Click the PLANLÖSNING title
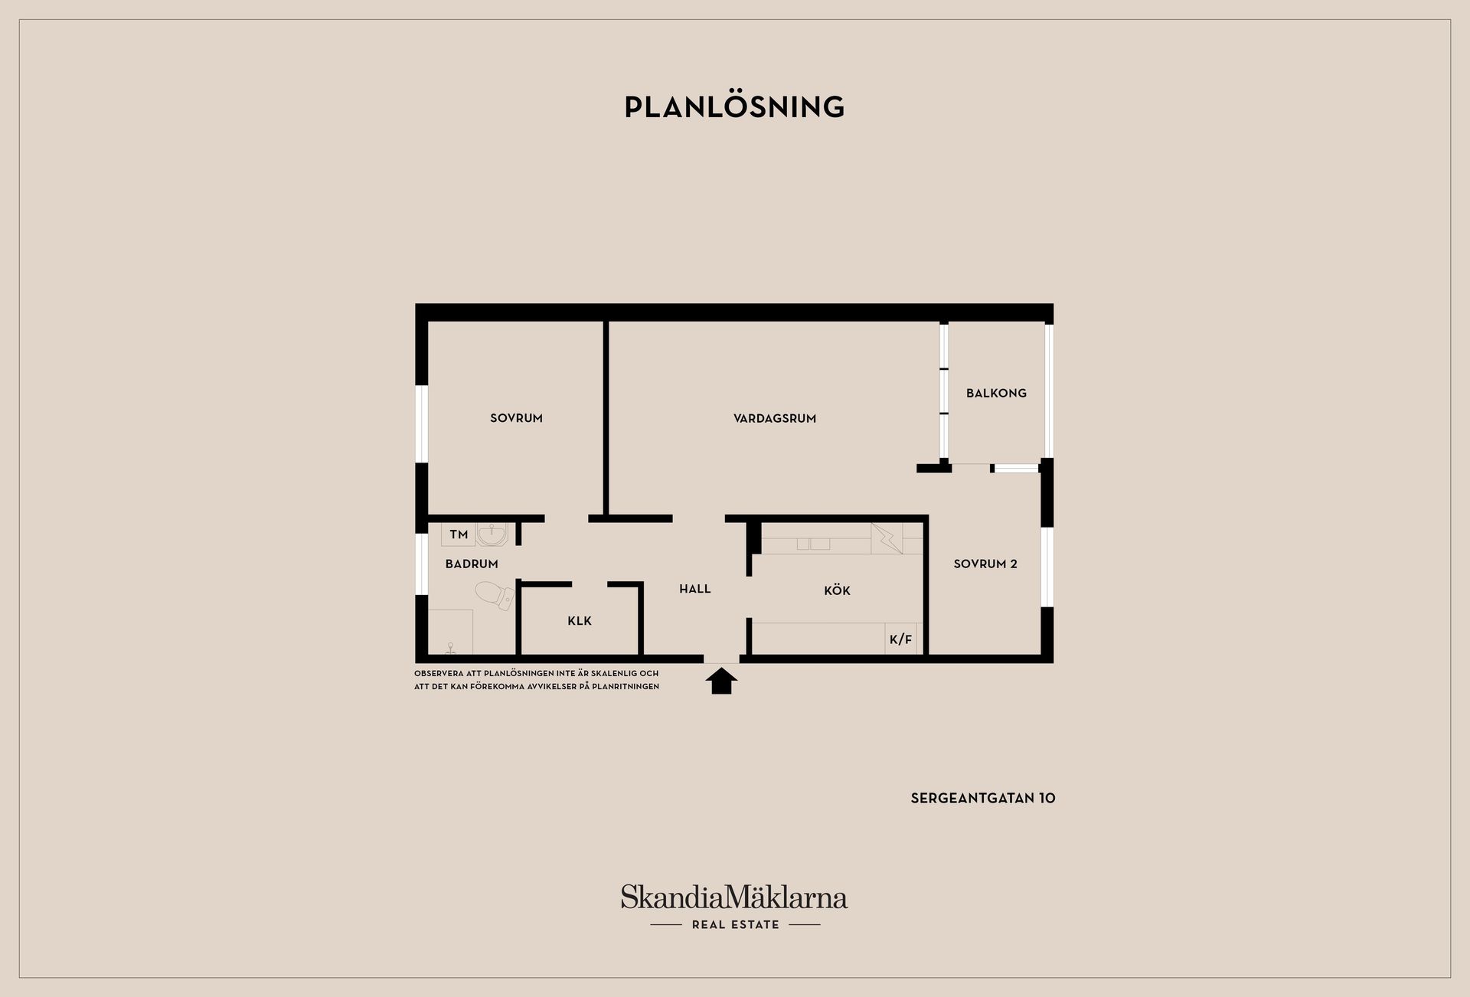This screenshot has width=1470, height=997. [x=734, y=107]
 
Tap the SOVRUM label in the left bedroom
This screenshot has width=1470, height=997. [x=516, y=418]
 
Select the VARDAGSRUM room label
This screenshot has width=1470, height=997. [x=775, y=418]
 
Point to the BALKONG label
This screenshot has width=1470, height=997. [x=996, y=393]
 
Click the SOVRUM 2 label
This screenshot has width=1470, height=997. [x=985, y=564]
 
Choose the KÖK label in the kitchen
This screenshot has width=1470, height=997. [x=837, y=590]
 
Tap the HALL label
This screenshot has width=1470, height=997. [x=695, y=589]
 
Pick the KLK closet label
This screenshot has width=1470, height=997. [x=580, y=621]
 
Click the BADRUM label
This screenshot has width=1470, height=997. [x=472, y=564]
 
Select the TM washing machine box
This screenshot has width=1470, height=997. [x=458, y=534]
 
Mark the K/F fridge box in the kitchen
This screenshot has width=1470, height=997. [x=901, y=639]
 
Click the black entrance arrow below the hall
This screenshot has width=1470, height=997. [x=721, y=681]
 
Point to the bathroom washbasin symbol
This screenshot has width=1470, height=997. [x=491, y=534]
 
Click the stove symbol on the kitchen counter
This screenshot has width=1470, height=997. [x=887, y=538]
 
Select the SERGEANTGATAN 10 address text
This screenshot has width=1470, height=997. [x=983, y=798]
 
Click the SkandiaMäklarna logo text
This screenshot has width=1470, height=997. [x=734, y=897]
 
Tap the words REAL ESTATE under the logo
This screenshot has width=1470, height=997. [x=735, y=924]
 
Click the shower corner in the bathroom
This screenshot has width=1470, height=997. [x=450, y=632]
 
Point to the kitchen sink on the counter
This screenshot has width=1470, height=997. [x=813, y=544]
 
